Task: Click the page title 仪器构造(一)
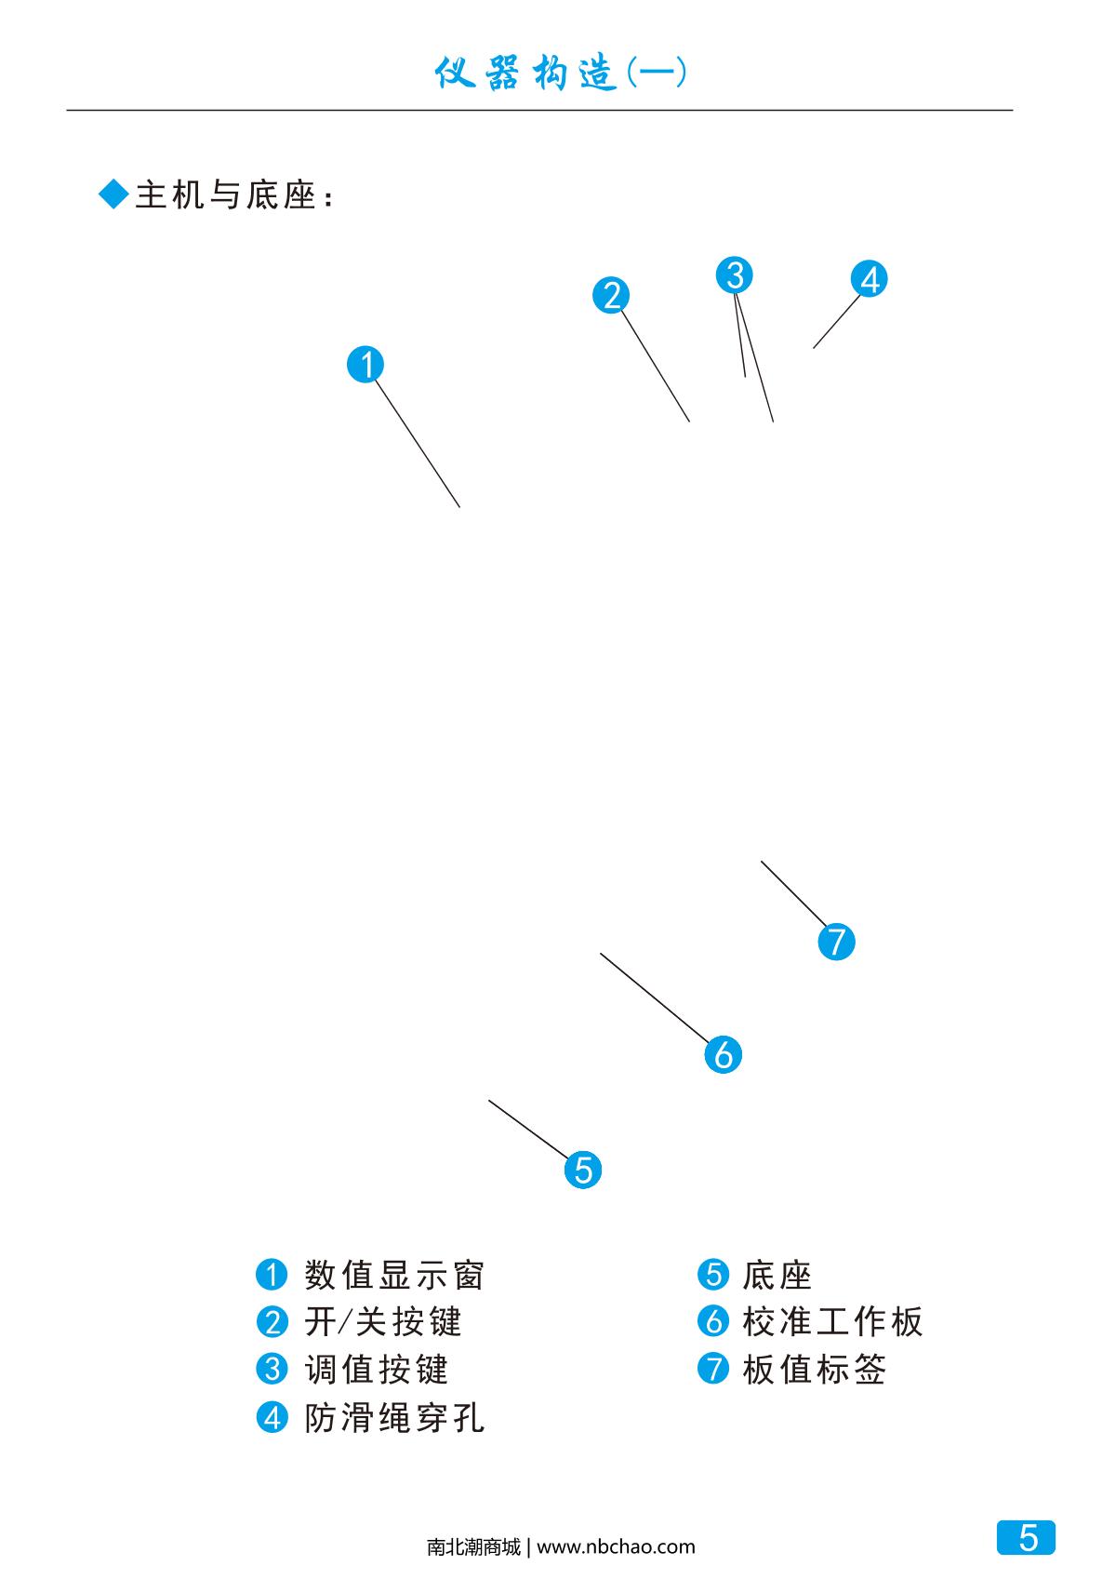(561, 74)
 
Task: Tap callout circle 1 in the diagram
(365, 364)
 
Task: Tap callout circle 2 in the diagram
(611, 295)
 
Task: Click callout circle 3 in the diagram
(735, 275)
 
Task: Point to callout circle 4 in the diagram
(870, 279)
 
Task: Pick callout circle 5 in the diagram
(583, 1169)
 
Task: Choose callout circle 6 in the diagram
(724, 1054)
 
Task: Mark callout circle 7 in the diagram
(836, 942)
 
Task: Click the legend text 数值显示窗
(394, 1275)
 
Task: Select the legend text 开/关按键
(383, 1322)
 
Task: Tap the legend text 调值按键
(377, 1370)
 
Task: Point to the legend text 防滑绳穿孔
(394, 1418)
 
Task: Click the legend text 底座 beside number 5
(777, 1275)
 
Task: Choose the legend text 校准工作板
(832, 1322)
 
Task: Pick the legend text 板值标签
(815, 1370)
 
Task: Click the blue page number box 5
(1027, 1537)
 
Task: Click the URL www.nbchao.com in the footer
(616, 1547)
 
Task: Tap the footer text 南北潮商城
(473, 1547)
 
